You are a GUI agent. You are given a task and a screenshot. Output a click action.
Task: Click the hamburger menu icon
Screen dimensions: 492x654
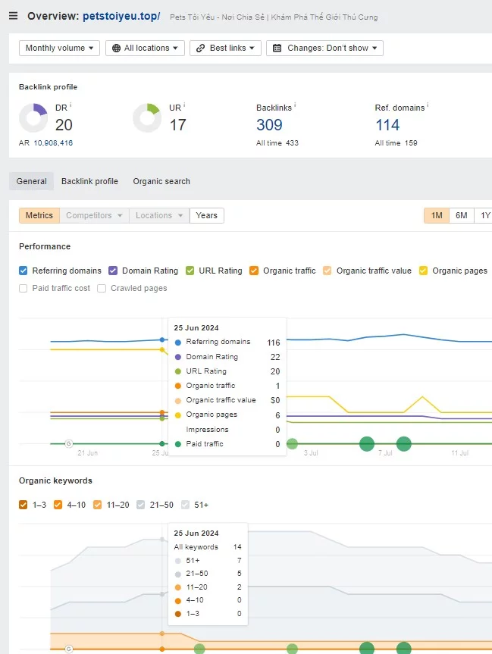14,16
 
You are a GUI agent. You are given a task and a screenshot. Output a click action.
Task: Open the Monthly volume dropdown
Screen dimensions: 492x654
59,48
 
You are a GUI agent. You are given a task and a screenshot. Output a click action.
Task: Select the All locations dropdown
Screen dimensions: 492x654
145,48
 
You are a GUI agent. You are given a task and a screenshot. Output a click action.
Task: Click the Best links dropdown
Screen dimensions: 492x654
225,48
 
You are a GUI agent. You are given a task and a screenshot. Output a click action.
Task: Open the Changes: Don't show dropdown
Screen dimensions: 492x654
324,48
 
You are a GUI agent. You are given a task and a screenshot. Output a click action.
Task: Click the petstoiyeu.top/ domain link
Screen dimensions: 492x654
121,16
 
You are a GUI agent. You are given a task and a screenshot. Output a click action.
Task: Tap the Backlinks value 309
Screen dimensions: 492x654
269,125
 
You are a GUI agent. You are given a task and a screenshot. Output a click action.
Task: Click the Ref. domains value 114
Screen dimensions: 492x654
387,125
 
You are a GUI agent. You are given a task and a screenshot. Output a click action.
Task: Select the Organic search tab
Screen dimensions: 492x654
161,181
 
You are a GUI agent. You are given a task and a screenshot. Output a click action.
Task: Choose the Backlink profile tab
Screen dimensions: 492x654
89,181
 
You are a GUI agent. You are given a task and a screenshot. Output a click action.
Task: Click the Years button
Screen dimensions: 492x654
206,216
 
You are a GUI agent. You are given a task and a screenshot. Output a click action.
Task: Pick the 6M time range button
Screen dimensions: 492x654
461,216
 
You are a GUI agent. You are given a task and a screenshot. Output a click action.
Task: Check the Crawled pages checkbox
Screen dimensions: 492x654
102,288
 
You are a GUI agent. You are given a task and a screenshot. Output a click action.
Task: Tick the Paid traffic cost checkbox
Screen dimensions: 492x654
24,288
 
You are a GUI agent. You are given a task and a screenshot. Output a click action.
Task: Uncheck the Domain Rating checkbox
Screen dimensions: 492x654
113,271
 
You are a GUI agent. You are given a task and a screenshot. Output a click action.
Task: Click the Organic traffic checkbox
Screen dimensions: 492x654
254,271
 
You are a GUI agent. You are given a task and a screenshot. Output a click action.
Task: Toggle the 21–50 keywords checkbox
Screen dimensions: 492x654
141,505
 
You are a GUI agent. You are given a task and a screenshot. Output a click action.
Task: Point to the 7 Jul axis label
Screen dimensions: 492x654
385,453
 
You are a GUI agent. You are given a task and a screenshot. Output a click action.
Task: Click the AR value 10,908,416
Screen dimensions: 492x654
53,143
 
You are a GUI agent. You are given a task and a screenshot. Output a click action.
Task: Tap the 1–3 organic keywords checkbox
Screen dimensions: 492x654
24,505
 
